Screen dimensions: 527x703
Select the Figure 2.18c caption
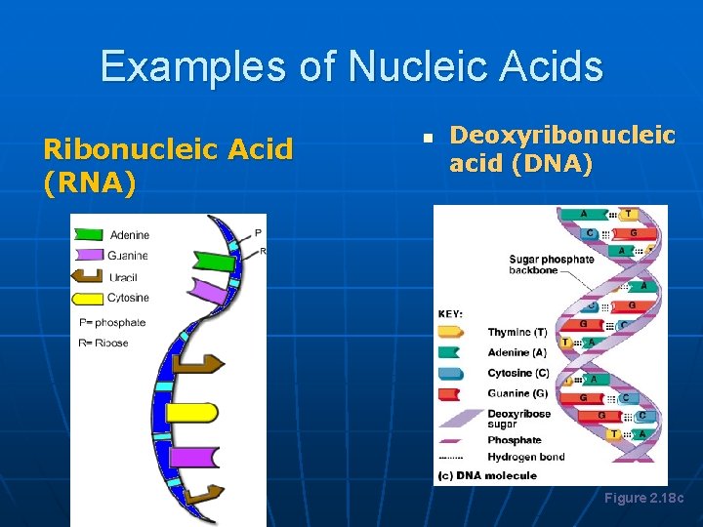tap(643, 499)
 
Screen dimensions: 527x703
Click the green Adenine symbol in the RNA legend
tap(89, 234)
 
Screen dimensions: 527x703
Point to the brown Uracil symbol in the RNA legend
tap(90, 277)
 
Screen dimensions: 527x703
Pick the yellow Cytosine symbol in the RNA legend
tap(90, 298)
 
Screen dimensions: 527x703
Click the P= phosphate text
tap(112, 322)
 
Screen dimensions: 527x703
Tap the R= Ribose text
tap(103, 343)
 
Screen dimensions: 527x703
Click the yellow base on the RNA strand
tap(192, 412)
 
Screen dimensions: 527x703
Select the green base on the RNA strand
tap(213, 260)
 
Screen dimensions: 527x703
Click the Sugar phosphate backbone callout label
tap(551, 264)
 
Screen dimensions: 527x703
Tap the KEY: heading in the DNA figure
tap(450, 313)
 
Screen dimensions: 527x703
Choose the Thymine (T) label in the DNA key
tap(517, 333)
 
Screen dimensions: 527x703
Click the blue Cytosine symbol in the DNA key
tap(452, 373)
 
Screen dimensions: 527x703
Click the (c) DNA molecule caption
tap(487, 475)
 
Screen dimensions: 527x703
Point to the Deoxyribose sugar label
tap(518, 419)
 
